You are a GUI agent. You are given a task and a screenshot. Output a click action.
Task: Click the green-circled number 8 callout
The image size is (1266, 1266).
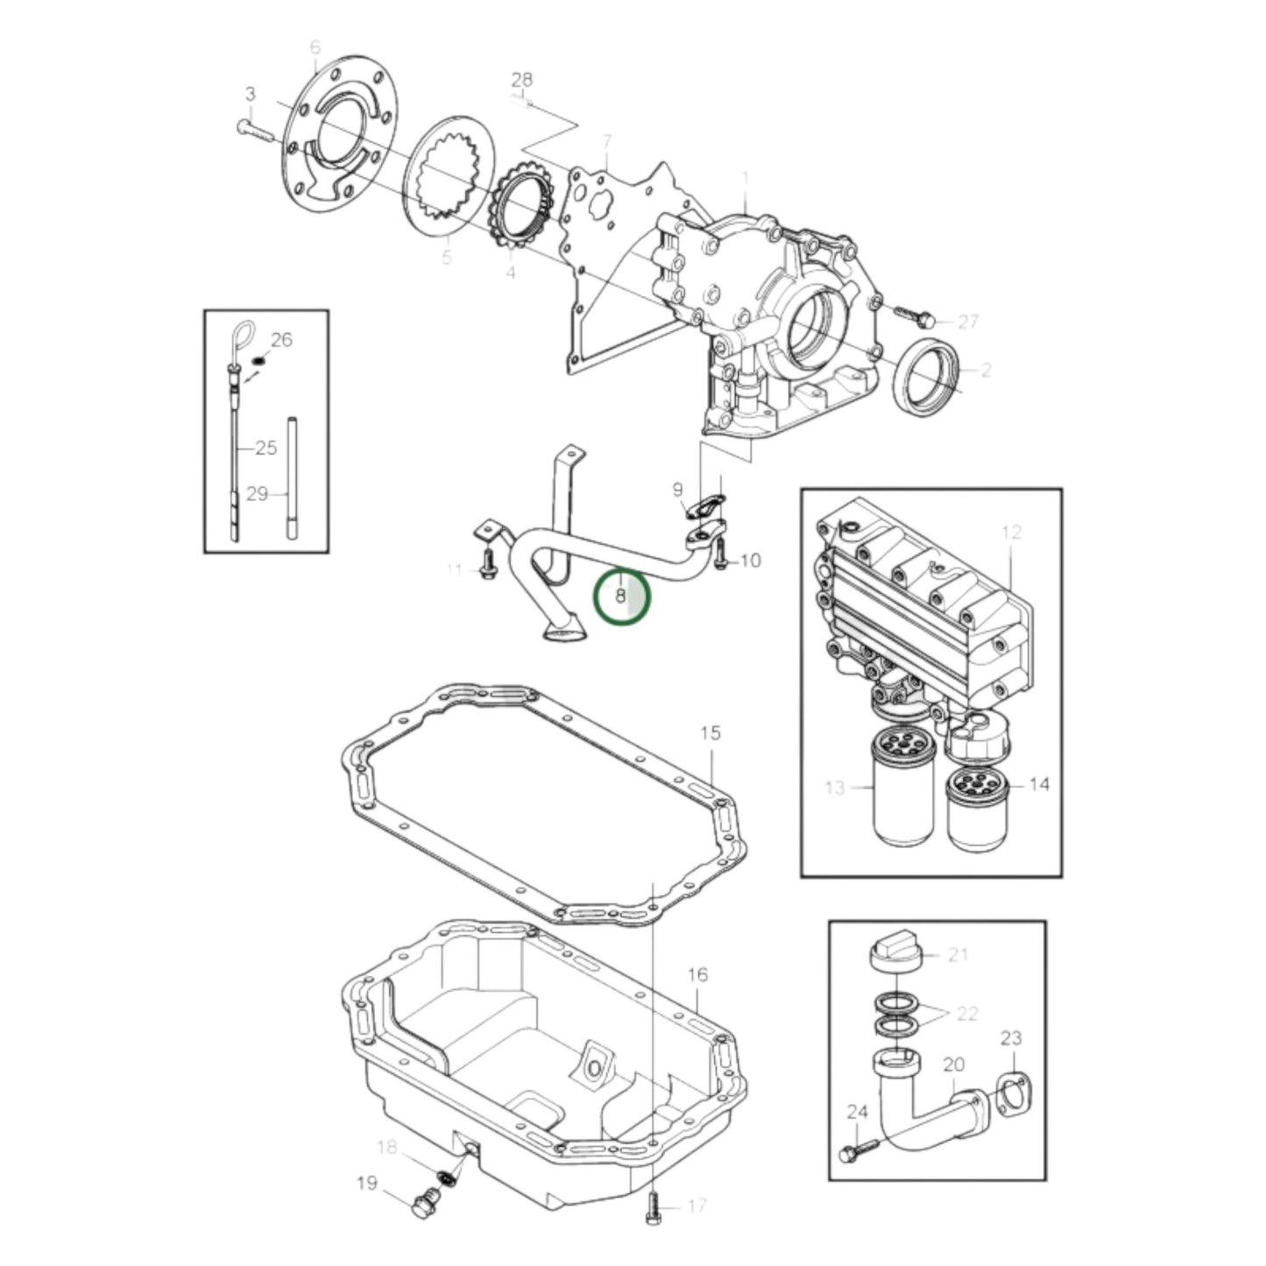pos(621,596)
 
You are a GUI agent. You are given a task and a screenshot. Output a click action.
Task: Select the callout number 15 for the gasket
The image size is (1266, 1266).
pos(711,732)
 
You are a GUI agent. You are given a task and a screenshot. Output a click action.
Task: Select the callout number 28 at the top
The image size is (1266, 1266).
pos(522,81)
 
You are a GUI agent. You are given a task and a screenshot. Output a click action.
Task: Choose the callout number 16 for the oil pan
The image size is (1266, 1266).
pos(697,974)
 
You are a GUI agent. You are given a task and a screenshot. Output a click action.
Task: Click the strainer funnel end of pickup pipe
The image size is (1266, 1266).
pos(562,628)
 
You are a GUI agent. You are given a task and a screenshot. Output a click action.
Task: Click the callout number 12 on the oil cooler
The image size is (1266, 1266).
pos(1012,532)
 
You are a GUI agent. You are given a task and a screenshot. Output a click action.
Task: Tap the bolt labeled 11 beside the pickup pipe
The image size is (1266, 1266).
pos(486,566)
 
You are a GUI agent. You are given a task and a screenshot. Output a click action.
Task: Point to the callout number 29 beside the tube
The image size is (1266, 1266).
pos(256,494)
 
